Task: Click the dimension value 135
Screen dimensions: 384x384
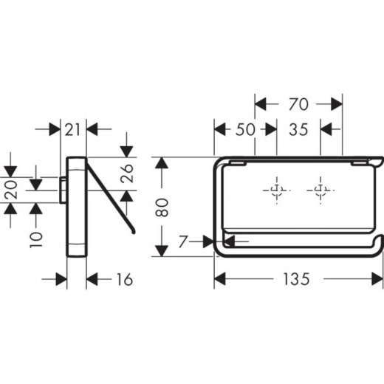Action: [296, 279]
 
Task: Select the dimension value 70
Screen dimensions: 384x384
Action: [298, 104]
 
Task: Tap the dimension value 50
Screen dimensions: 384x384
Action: [245, 129]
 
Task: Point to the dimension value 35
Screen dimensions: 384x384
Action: [298, 129]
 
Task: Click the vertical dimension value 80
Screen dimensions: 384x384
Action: [162, 208]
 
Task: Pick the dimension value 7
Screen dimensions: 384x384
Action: [183, 241]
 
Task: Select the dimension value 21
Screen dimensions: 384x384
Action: [72, 129]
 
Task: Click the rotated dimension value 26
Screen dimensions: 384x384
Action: [127, 174]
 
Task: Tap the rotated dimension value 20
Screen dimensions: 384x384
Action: [11, 190]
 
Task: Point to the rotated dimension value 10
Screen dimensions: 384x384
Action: [36, 239]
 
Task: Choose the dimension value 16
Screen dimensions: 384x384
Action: [125, 279]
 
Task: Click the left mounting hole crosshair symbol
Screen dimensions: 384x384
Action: [277, 191]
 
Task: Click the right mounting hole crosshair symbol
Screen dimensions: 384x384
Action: [320, 191]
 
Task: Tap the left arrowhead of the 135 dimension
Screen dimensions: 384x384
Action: [220, 279]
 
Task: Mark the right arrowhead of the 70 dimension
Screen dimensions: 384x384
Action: [337, 104]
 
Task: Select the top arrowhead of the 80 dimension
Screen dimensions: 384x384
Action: [162, 162]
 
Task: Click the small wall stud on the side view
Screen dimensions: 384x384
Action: [63, 190]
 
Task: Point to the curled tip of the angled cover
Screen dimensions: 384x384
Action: [133, 231]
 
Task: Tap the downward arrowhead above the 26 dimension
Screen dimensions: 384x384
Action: [127, 151]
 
